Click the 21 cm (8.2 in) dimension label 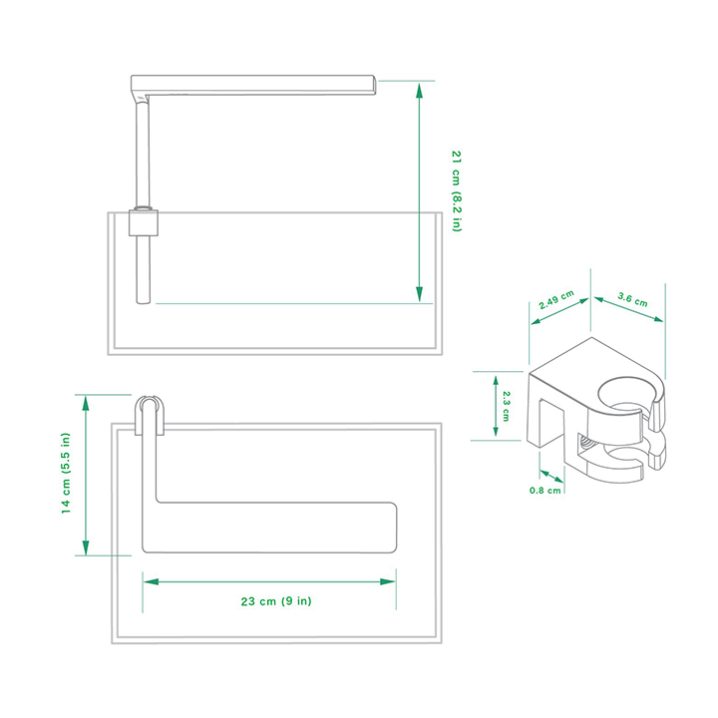click(x=457, y=190)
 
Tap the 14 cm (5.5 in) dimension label click(x=66, y=473)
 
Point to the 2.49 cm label click(x=555, y=302)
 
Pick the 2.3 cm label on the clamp click(x=508, y=404)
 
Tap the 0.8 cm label click(x=545, y=490)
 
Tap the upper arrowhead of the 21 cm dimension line click(x=420, y=89)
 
